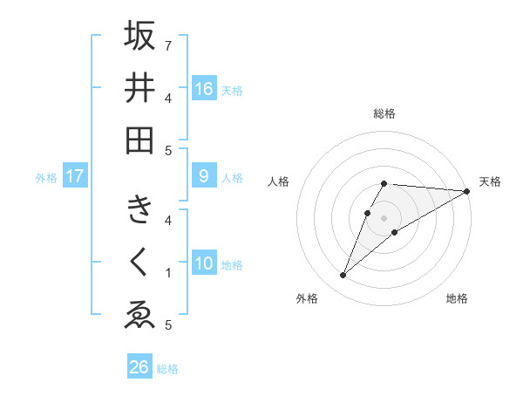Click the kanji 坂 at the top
pyautogui.click(x=139, y=36)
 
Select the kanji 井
pyautogui.click(x=139, y=88)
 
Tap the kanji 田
pyautogui.click(x=139, y=140)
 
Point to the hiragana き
pyautogui.click(x=139, y=210)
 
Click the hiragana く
pyautogui.click(x=139, y=263)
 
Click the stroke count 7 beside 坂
pyautogui.click(x=168, y=44)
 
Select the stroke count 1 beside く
pyautogui.click(x=168, y=273)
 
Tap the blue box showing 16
pyautogui.click(x=204, y=89)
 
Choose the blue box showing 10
pyautogui.click(x=204, y=263)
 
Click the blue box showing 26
pyautogui.click(x=139, y=367)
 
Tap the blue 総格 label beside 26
pyautogui.click(x=167, y=369)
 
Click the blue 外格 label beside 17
pyautogui.click(x=46, y=178)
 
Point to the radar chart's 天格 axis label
pyautogui.click(x=490, y=181)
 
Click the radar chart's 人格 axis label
pyautogui.click(x=279, y=181)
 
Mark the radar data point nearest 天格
pyautogui.click(x=466, y=191)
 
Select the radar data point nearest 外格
pyautogui.click(x=343, y=276)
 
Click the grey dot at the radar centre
pyautogui.click(x=384, y=217)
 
